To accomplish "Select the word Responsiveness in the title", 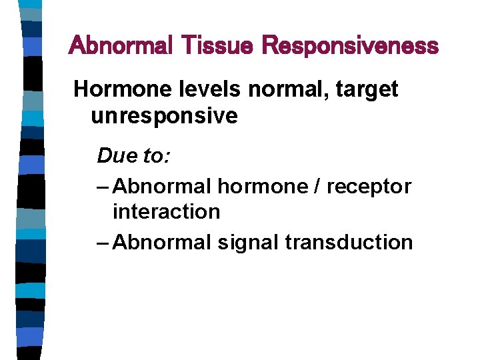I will click(x=350, y=46).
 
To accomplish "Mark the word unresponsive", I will click(x=164, y=116).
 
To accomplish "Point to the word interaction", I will click(x=166, y=212).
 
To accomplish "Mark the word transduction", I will click(x=349, y=241).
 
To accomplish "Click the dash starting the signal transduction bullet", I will click(x=103, y=242).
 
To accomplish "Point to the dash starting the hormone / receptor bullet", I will click(x=103, y=187).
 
